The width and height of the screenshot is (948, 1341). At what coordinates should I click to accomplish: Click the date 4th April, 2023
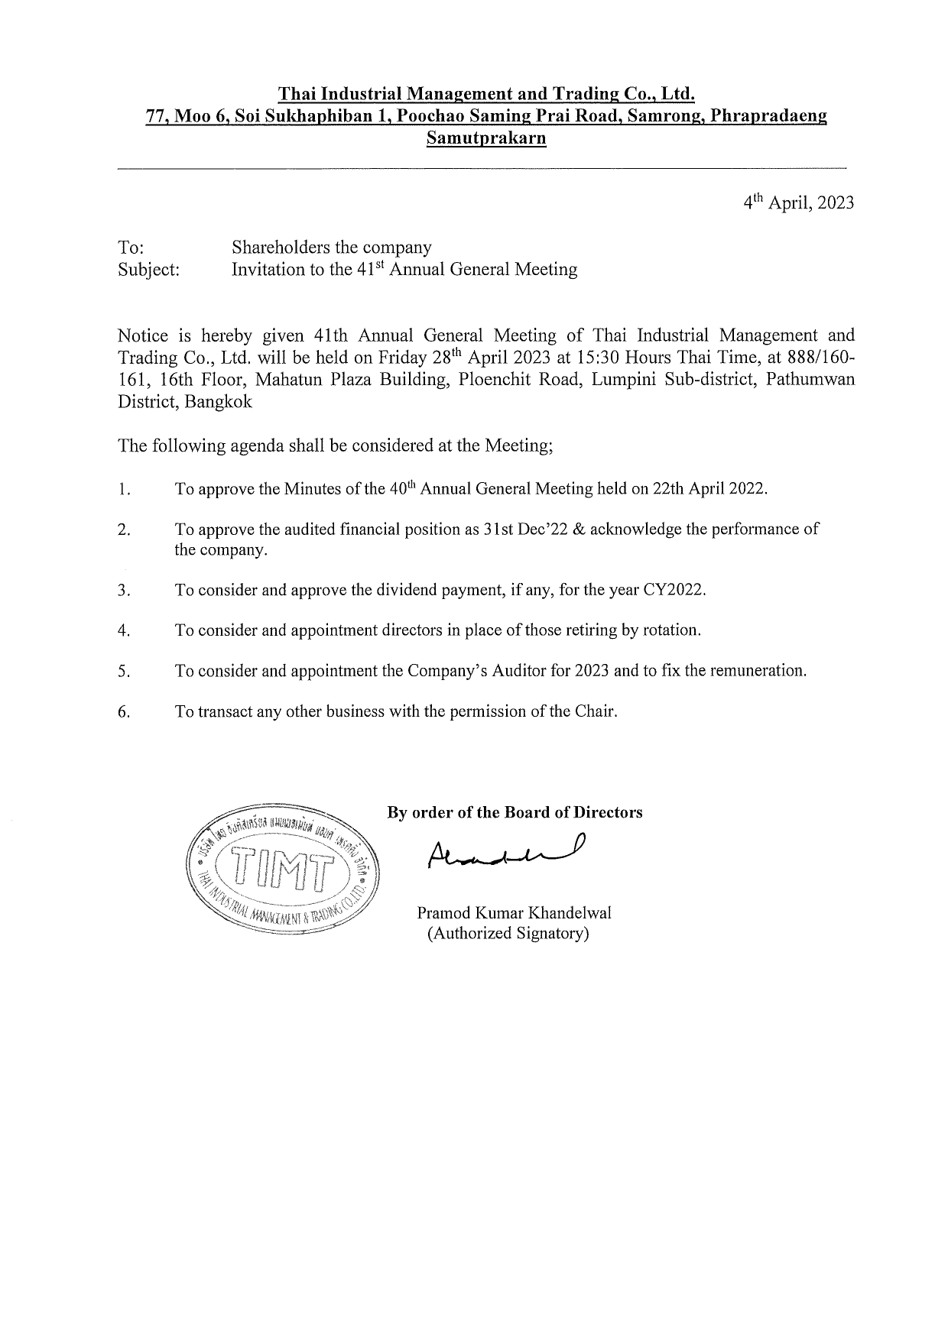click(799, 203)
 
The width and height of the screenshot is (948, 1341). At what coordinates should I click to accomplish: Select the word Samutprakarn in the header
click(486, 139)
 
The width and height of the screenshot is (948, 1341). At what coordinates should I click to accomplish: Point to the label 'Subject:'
click(149, 270)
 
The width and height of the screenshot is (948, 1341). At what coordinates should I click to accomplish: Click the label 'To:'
click(131, 248)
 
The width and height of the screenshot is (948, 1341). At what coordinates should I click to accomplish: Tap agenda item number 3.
click(125, 591)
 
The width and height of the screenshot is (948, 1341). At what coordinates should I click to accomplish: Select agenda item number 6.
click(125, 712)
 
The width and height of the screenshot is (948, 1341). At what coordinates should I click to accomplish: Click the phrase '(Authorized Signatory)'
click(508, 933)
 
